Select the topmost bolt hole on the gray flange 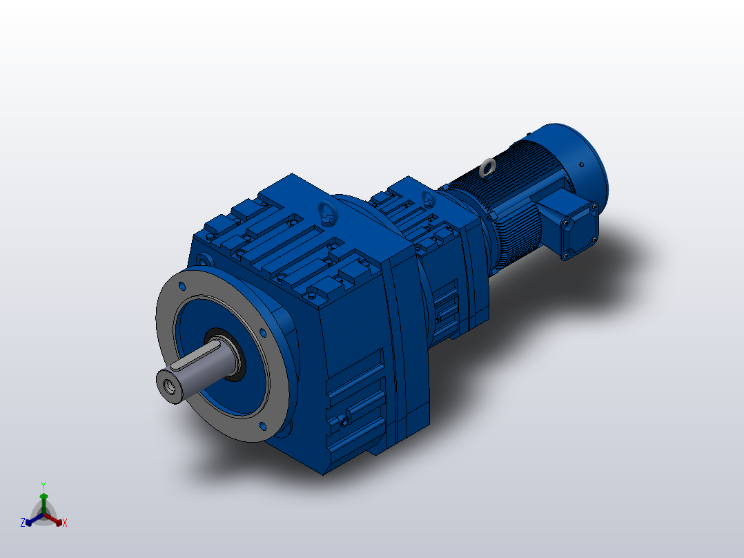click(182, 285)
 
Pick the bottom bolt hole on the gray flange click(262, 426)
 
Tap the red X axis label click(65, 523)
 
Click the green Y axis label click(43, 485)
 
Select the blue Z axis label click(23, 523)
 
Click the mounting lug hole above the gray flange click(202, 260)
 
